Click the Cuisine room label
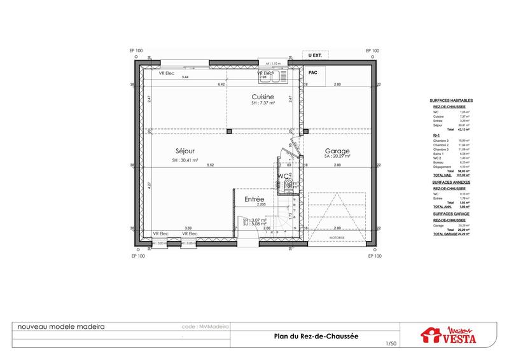(x=262, y=96)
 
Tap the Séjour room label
(x=185, y=151)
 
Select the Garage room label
(x=337, y=151)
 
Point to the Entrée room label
(x=254, y=199)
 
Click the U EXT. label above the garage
(x=314, y=56)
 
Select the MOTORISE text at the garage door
(x=337, y=239)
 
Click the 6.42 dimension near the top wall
(x=222, y=85)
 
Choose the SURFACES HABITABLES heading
(x=455, y=101)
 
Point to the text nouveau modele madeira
(x=61, y=326)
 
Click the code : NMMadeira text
(x=205, y=326)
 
